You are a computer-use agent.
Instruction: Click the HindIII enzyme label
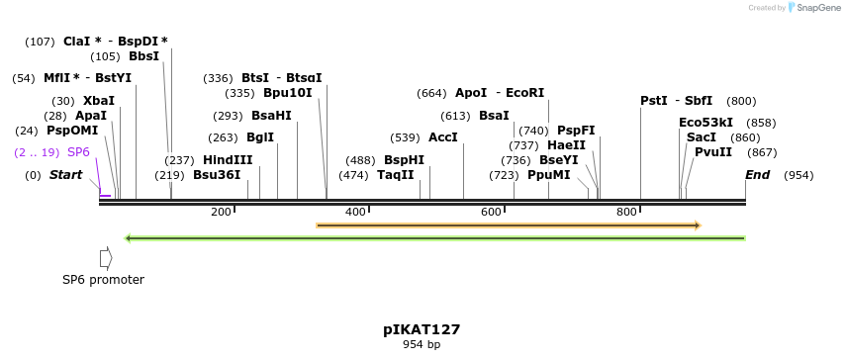[x=228, y=160]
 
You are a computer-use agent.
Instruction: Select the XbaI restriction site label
[x=99, y=101]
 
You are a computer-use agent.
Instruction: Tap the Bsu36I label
[x=217, y=175]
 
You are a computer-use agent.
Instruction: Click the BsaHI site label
[x=271, y=116]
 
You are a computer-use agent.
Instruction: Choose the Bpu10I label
[x=287, y=93]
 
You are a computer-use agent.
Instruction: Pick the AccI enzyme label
[x=442, y=137]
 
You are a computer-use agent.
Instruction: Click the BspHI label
[x=404, y=160]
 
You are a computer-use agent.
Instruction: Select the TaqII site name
[x=396, y=175]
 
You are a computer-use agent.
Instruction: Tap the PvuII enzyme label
[x=713, y=152]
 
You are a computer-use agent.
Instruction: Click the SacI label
[x=702, y=137]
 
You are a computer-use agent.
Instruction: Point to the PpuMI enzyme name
[x=549, y=175]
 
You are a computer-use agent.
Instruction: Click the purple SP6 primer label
[x=78, y=152]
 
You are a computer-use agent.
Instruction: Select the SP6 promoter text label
[x=103, y=280]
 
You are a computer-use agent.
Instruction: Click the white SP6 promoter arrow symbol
[x=106, y=258]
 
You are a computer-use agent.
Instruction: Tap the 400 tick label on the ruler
[x=355, y=212]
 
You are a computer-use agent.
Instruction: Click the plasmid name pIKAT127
[x=422, y=329]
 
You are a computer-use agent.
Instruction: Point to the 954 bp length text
[x=422, y=345]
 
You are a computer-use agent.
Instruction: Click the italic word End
[x=758, y=175]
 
